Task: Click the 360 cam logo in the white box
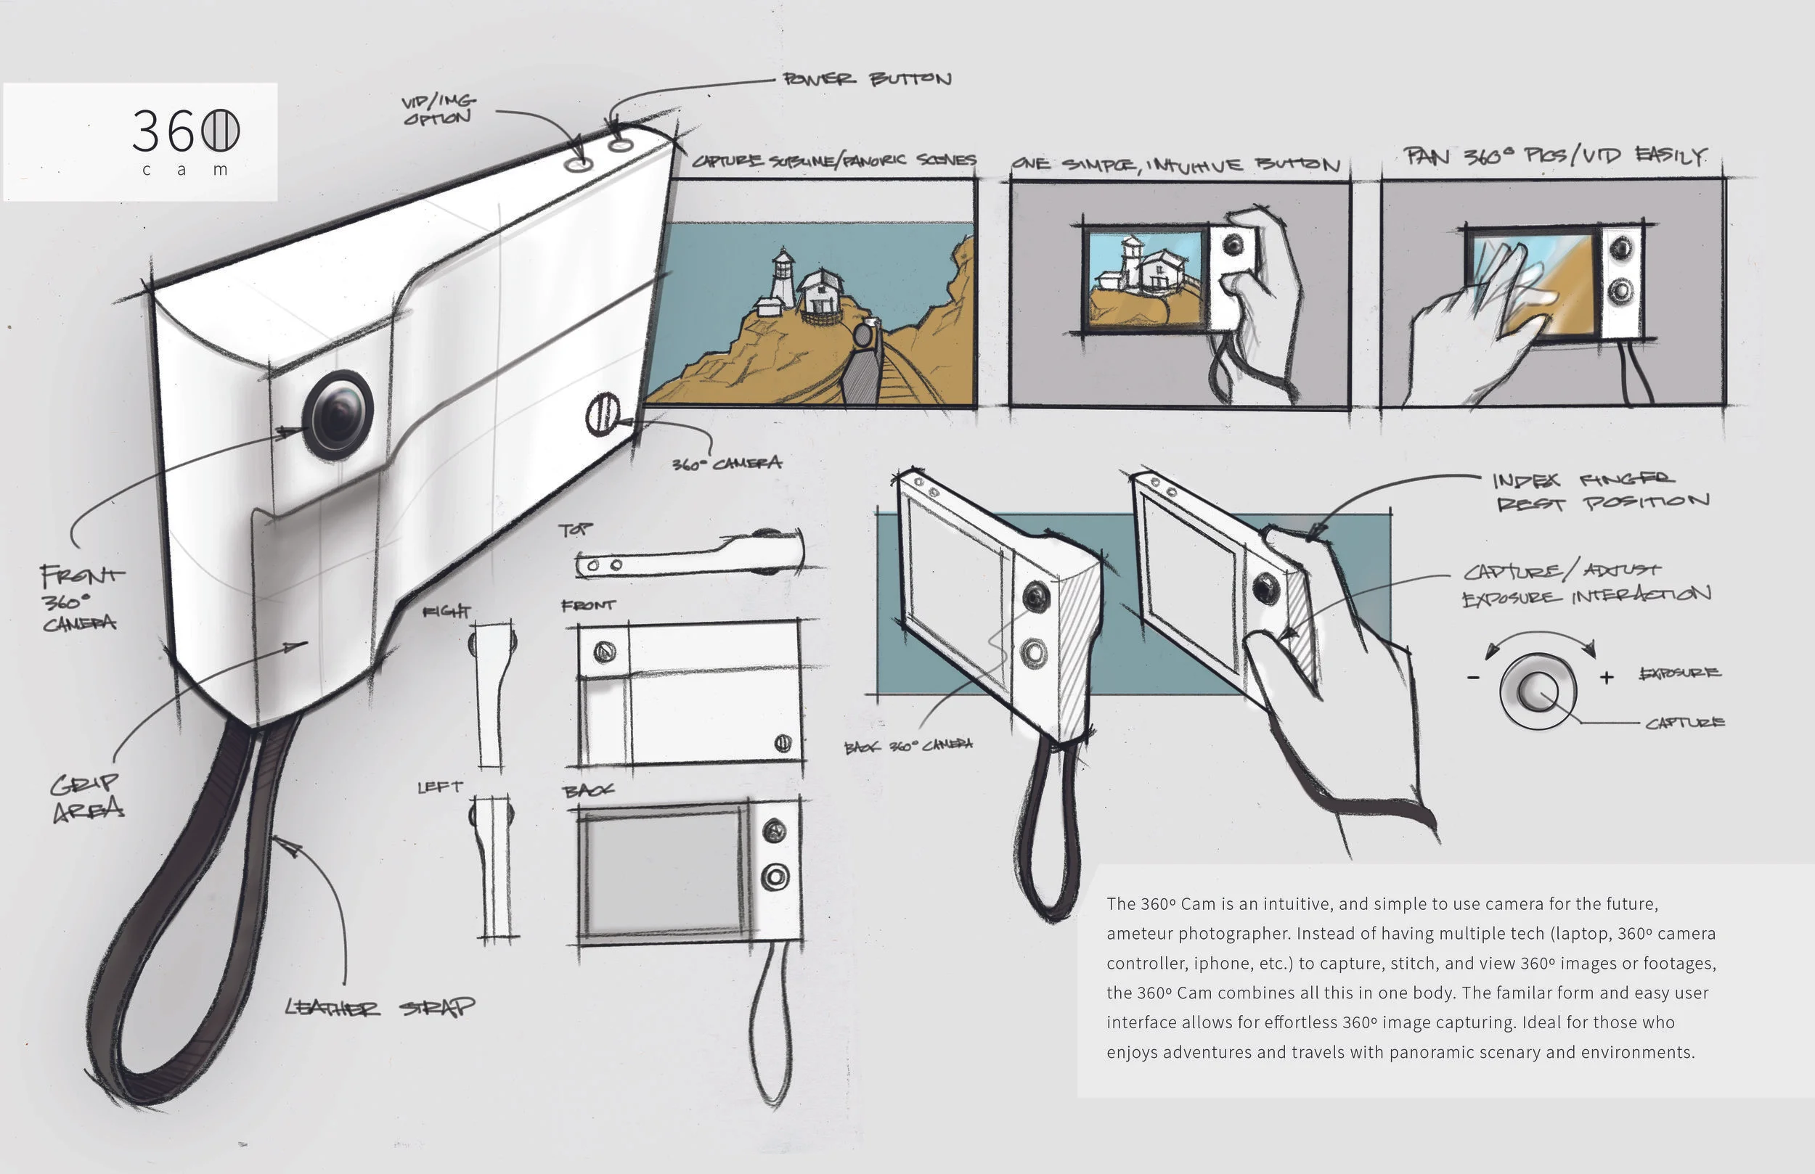[185, 140]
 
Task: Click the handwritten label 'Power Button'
[867, 79]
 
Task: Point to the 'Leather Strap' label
[379, 1008]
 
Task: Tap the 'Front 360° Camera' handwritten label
[80, 599]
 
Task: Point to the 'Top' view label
[575, 529]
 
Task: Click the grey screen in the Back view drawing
[661, 871]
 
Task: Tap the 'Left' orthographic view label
[440, 787]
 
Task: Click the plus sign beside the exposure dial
[1607, 677]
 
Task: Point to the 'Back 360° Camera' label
[908, 746]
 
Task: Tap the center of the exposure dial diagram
[1537, 690]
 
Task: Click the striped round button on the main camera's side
[603, 414]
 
